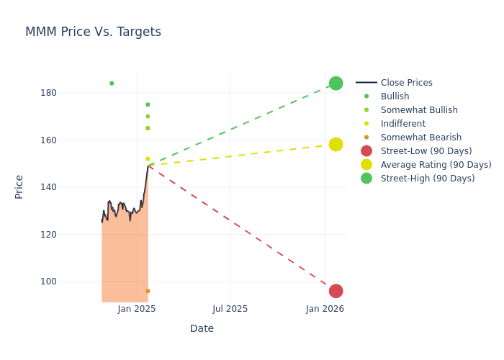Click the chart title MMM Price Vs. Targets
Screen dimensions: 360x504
(x=93, y=32)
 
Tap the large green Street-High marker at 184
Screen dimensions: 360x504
(x=336, y=84)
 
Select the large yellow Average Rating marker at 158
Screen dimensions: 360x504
(x=336, y=145)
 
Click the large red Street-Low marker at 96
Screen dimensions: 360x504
(x=336, y=291)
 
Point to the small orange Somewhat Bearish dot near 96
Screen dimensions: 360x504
(x=148, y=291)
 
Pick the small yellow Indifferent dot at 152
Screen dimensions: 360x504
(x=148, y=159)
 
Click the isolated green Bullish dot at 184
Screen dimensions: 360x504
(x=112, y=84)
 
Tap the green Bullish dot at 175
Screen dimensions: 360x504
(x=148, y=104)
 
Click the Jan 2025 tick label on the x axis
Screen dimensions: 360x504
(x=137, y=309)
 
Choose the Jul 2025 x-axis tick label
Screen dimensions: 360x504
(x=230, y=309)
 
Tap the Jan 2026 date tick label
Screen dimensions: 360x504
(x=325, y=309)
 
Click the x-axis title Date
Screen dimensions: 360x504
(x=202, y=329)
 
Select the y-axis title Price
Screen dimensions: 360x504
(x=19, y=186)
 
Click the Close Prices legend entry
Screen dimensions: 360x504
(x=406, y=83)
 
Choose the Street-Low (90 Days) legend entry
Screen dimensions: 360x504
(x=426, y=151)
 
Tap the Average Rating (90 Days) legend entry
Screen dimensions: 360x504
(x=436, y=165)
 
